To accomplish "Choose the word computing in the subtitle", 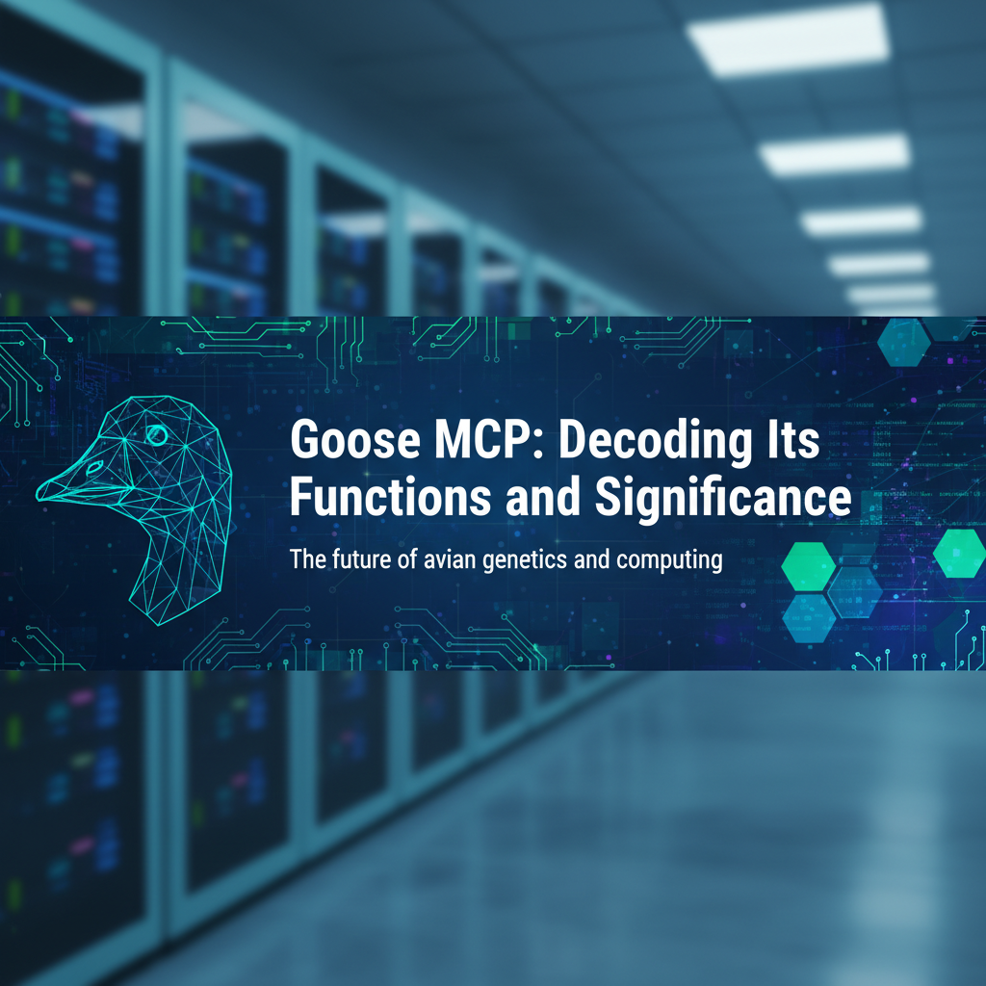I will pyautogui.click(x=673, y=561).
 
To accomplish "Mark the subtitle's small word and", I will pyautogui.click(x=598, y=559).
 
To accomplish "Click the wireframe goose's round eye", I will pyautogui.click(x=156, y=436).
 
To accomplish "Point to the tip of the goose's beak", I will pyautogui.click(x=39, y=494).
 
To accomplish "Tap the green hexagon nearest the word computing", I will pyautogui.click(x=807, y=566).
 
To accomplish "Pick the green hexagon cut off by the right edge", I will pyautogui.click(x=959, y=553).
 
